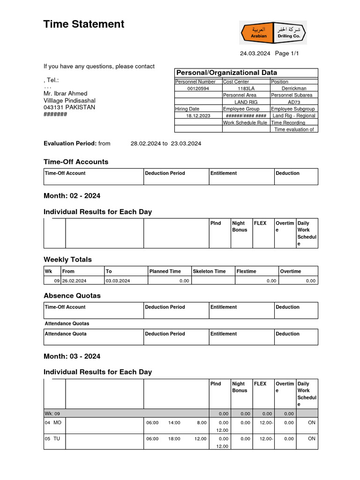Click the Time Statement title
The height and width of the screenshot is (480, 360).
click(84, 24)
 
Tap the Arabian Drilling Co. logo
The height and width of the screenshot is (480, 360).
click(273, 33)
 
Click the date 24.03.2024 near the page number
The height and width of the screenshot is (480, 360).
click(255, 53)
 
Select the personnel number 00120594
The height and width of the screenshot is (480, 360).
click(198, 88)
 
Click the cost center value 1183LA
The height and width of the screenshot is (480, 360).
click(246, 88)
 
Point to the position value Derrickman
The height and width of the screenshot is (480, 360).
click(294, 88)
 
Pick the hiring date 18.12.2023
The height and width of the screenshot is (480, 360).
click(198, 116)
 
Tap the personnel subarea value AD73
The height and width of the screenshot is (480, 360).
click(294, 102)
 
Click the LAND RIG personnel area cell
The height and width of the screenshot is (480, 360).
click(246, 102)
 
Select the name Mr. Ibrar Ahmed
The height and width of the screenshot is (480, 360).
click(65, 93)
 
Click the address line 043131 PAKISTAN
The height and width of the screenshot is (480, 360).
click(69, 107)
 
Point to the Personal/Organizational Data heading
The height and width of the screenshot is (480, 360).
click(226, 73)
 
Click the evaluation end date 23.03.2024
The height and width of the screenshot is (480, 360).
click(186, 143)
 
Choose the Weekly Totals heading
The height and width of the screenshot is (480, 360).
click(67, 259)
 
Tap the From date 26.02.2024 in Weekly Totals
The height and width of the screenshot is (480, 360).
click(75, 281)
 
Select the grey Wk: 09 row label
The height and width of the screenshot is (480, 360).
click(52, 414)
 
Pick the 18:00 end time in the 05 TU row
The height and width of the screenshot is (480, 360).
click(174, 439)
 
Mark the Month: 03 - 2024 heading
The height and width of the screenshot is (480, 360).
click(72, 356)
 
